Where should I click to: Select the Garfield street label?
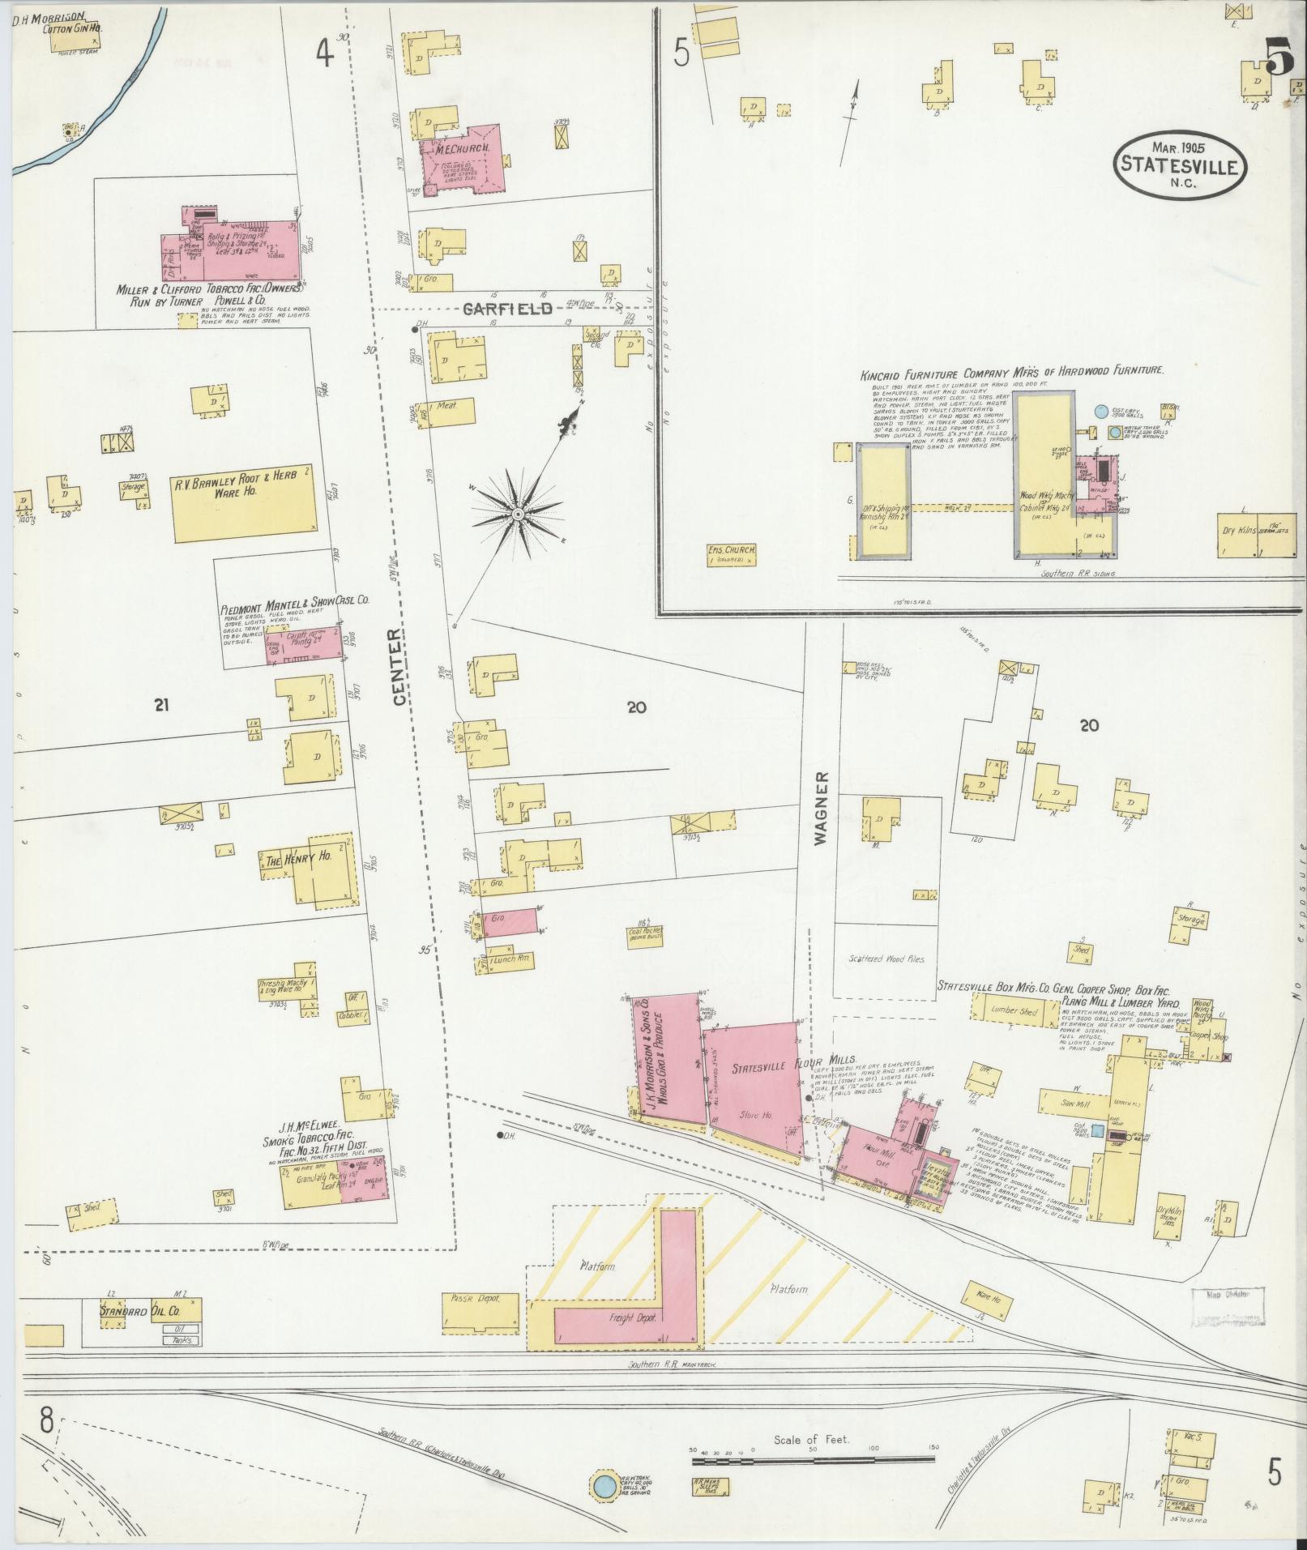[509, 309]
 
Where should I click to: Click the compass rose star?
[516, 512]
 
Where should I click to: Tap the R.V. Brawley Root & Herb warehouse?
[243, 502]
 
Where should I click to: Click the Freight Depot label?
[634, 1317]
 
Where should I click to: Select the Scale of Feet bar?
[813, 1462]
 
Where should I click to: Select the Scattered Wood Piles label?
[886, 959]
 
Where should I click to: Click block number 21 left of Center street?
[160, 706]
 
